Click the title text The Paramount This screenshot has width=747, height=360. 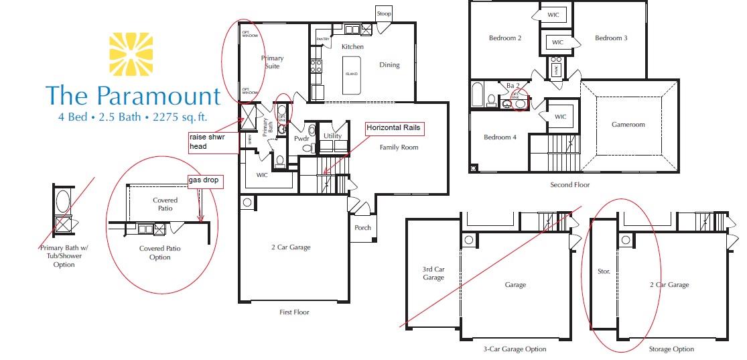tap(133, 96)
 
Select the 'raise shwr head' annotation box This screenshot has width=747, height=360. tap(212, 141)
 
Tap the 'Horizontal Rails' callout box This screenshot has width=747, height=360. tap(395, 127)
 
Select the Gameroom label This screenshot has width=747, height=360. tap(628, 125)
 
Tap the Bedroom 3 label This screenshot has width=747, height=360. tap(610, 38)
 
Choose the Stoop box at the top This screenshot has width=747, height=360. tap(384, 13)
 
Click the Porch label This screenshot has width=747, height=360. tap(362, 228)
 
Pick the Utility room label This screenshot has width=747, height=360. tap(332, 136)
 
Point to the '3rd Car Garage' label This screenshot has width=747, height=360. tap(433, 274)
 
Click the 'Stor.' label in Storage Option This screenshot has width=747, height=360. tap(602, 272)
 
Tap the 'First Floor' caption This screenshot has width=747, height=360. tap(294, 312)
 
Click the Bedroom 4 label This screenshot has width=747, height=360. tap(500, 137)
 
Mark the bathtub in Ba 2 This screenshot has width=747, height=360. tap(476, 96)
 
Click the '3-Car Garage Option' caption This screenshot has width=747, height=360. tap(515, 349)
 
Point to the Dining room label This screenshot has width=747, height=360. tap(389, 65)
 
